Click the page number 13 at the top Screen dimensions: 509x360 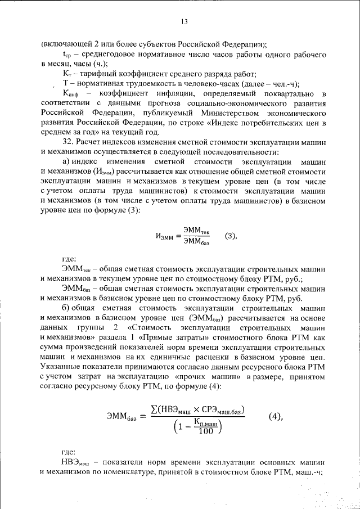[x=183, y=22]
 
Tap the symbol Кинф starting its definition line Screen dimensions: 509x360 [x=71, y=93]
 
